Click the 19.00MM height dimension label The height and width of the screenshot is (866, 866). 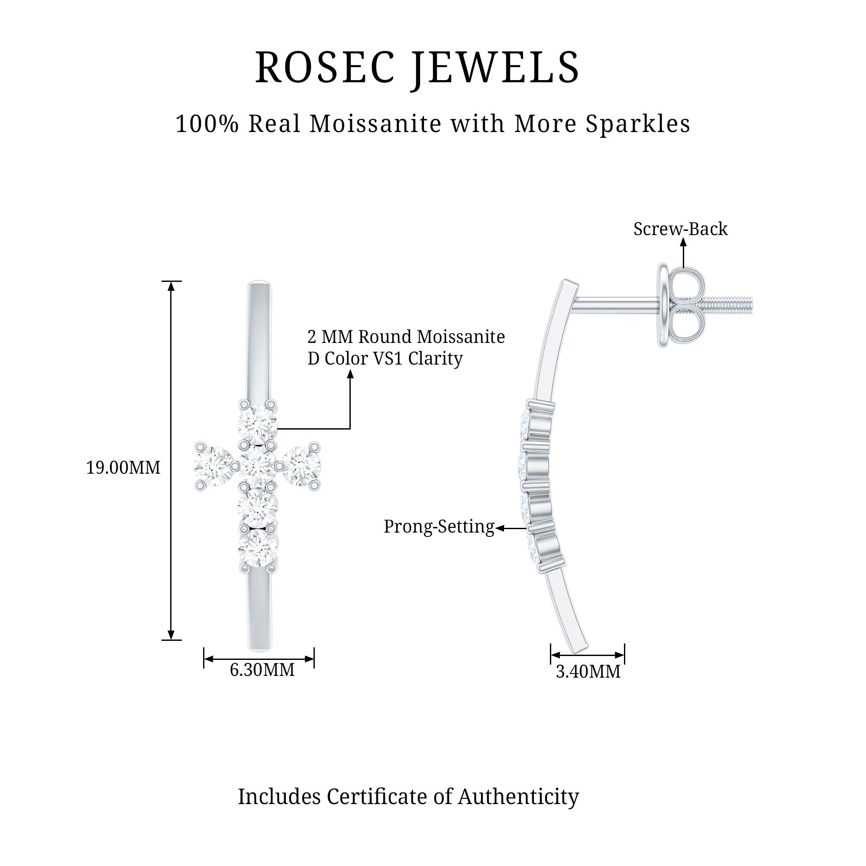[x=123, y=468]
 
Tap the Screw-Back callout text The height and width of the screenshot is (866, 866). [x=680, y=229]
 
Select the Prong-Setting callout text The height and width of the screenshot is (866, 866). [x=439, y=527]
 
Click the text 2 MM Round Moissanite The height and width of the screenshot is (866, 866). [x=406, y=336]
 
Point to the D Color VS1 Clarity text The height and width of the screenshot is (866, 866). [x=385, y=359]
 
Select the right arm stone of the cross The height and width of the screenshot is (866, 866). [x=302, y=466]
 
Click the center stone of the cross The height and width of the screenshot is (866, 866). [x=258, y=466]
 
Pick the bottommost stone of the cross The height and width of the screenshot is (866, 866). [x=258, y=549]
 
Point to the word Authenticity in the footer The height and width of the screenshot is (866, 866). [x=518, y=797]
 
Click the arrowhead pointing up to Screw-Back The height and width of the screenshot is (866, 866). [x=683, y=242]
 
